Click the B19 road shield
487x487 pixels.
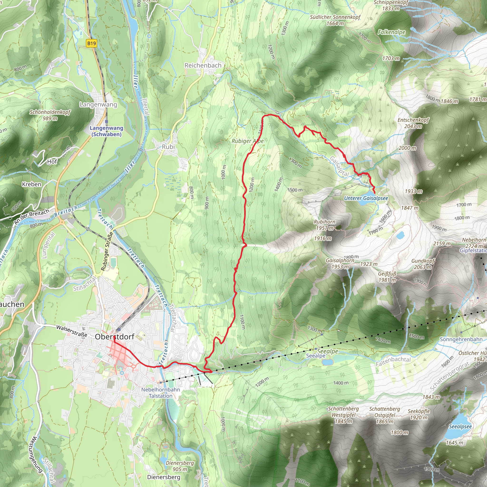(x=92, y=43)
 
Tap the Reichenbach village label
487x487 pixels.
(x=203, y=66)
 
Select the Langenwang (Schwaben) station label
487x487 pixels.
(x=106, y=131)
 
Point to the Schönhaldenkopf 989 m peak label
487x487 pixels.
(x=50, y=115)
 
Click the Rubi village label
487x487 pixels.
(x=168, y=147)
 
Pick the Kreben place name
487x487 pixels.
(x=32, y=184)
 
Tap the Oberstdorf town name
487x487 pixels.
(x=114, y=337)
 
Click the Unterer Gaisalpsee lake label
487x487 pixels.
(x=366, y=198)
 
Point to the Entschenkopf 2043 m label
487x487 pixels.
(x=413, y=123)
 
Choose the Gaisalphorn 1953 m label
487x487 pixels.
(x=340, y=263)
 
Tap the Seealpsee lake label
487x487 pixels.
(x=460, y=427)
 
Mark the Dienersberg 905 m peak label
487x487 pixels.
(x=180, y=466)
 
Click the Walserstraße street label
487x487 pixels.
(x=72, y=331)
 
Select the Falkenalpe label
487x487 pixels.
(x=391, y=32)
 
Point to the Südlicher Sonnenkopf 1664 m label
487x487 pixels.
(x=335, y=20)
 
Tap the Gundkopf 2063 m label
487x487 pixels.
(x=423, y=264)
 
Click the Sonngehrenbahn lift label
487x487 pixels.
(x=461, y=339)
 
